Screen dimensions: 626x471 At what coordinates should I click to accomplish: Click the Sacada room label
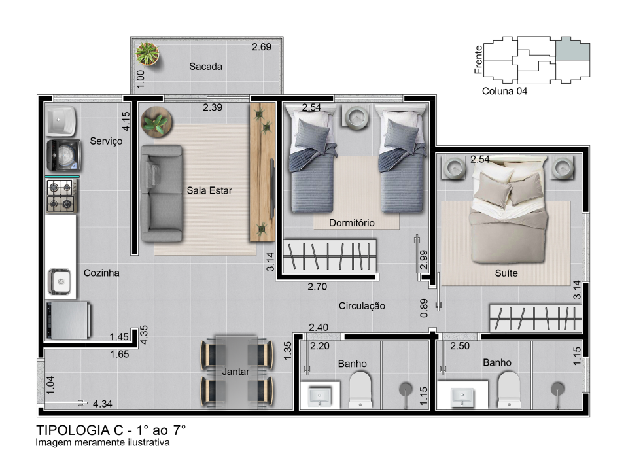click(x=205, y=67)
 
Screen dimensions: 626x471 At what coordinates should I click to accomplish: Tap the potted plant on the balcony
click(x=147, y=54)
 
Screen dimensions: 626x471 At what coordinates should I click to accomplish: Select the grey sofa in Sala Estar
click(x=162, y=193)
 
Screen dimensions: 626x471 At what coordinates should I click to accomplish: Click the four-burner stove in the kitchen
click(x=61, y=196)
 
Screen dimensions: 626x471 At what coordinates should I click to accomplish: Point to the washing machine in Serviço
click(x=63, y=155)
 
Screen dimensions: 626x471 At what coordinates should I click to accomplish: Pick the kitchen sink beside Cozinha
click(x=60, y=281)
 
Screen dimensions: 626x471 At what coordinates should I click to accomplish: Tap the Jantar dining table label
click(x=235, y=372)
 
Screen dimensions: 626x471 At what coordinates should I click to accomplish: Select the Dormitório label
click(x=352, y=223)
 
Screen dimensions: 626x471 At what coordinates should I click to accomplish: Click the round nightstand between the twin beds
click(x=356, y=118)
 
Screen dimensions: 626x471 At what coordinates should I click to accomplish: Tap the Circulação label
click(x=362, y=306)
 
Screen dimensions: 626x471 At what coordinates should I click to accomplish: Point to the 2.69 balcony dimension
click(x=262, y=47)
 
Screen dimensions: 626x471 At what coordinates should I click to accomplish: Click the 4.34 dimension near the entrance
click(x=103, y=404)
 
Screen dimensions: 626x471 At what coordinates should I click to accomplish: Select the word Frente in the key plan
click(x=478, y=60)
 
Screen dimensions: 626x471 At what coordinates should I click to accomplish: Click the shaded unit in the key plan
click(x=573, y=48)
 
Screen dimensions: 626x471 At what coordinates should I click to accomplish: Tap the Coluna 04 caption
click(x=504, y=91)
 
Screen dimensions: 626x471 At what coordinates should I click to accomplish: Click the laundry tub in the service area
click(x=61, y=120)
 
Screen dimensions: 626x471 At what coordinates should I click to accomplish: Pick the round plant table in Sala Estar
click(x=156, y=122)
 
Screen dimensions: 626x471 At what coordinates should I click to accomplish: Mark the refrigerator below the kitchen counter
click(x=68, y=321)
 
